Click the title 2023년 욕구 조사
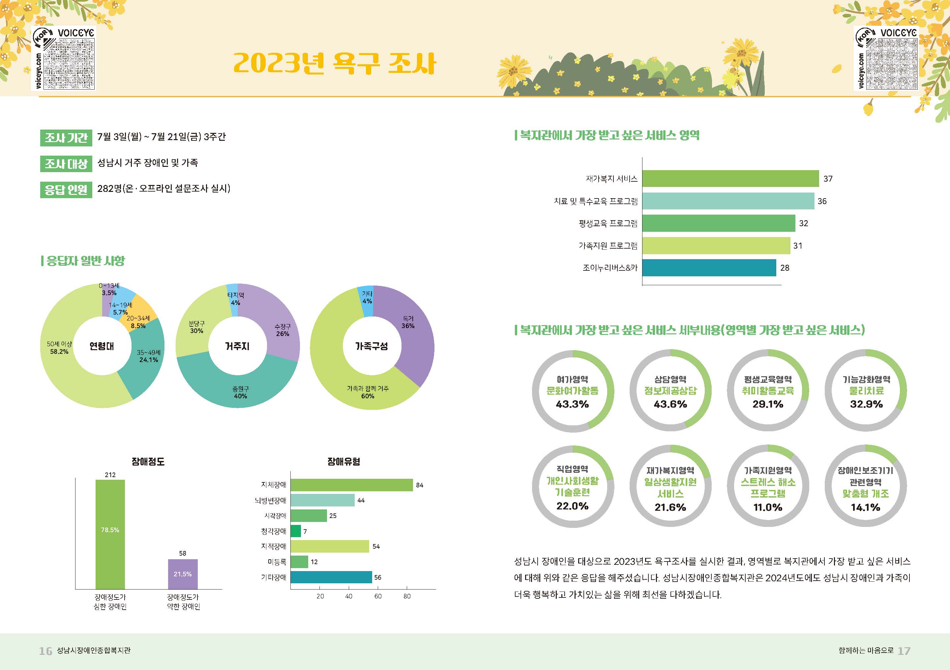click(x=334, y=64)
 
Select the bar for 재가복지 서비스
click(x=730, y=178)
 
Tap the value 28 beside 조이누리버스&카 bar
click(x=785, y=268)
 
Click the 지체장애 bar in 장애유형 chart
click(x=352, y=485)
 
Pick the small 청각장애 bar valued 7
click(x=296, y=531)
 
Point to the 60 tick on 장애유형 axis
click(x=378, y=596)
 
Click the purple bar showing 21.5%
click(x=183, y=574)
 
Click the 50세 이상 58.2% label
click(x=59, y=348)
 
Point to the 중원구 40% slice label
click(x=240, y=392)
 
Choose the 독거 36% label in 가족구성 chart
click(x=408, y=322)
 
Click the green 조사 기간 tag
click(x=66, y=137)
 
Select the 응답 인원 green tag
click(x=66, y=190)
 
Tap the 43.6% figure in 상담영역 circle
click(x=670, y=404)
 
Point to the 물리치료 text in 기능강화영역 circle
click(x=866, y=391)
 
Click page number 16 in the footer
click(x=45, y=651)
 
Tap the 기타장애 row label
click(x=274, y=577)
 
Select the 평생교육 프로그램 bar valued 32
click(x=718, y=223)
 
